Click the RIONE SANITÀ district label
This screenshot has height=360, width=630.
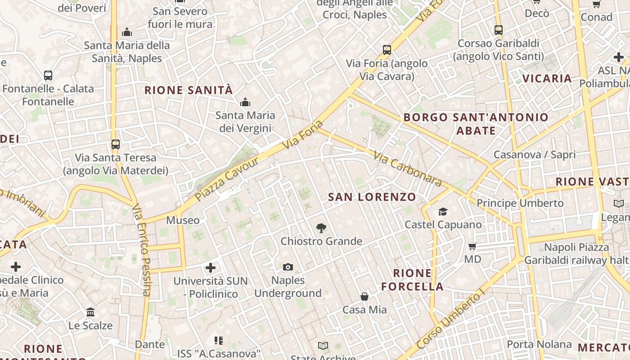pos(189,90)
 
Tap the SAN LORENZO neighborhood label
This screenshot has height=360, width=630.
pos(372,197)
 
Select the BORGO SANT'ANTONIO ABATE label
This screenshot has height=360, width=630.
pos(476,124)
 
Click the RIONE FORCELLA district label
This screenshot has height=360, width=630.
pos(412,279)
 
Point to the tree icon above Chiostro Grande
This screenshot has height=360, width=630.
pos(321,228)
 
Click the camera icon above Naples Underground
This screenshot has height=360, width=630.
pos(288,267)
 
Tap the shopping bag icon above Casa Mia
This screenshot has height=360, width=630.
pos(364,297)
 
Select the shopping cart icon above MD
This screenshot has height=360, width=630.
pos(472,246)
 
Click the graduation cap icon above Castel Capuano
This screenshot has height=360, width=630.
pos(443,211)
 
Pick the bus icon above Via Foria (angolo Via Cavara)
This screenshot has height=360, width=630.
pos(387,50)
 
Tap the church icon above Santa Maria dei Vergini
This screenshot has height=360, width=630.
pos(245,103)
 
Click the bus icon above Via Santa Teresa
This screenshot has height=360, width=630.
pos(116,144)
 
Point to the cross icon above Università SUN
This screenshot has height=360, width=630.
pos(210,268)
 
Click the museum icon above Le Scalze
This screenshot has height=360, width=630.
pos(90,312)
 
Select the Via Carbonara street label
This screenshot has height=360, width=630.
pos(408,169)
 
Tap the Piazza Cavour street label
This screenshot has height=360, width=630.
pos(227,179)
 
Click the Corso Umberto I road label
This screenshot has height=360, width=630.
pos(450,320)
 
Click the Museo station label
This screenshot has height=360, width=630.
pos(183,220)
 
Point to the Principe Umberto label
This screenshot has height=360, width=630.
pos(520,203)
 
